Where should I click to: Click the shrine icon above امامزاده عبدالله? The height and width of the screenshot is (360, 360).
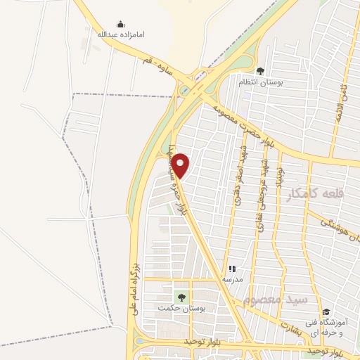click(x=120, y=24)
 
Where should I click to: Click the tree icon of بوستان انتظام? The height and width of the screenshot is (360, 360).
click(x=260, y=71)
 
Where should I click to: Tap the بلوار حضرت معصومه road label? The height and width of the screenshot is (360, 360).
click(x=243, y=121)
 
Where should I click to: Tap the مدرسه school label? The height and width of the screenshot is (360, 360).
click(x=233, y=278)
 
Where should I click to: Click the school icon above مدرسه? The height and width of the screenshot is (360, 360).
click(x=233, y=269)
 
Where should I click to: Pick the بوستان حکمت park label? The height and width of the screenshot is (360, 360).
click(x=175, y=309)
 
